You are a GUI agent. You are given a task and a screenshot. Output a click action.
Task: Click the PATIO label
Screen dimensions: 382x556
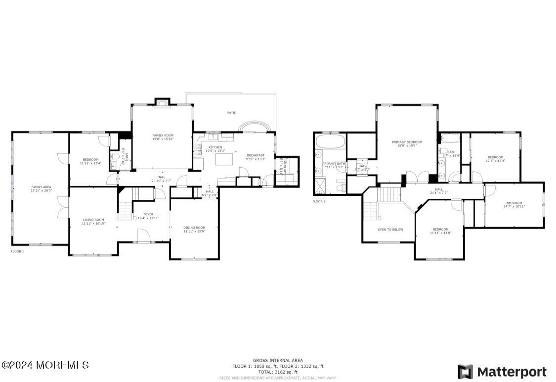(231, 113)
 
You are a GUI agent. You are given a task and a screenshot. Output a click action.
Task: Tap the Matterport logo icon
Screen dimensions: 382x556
(465, 372)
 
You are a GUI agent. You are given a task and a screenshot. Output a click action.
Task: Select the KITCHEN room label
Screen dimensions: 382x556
(215, 147)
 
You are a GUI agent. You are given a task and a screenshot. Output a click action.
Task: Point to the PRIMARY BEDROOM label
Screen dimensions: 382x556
(407, 142)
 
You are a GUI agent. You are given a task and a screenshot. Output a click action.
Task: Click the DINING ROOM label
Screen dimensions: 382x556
(194, 228)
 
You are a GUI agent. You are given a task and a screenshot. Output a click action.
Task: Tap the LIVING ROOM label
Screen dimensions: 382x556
(93, 220)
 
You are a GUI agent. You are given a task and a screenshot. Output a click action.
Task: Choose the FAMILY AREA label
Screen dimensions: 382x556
(41, 187)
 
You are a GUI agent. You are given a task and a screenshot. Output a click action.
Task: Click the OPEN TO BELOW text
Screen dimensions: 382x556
(390, 230)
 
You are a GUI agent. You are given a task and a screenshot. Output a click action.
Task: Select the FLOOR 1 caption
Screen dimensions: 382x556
(17, 251)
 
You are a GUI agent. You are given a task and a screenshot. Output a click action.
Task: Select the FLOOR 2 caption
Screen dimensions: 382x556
(319, 201)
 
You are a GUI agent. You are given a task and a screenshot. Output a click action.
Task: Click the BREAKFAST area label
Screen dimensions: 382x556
(256, 155)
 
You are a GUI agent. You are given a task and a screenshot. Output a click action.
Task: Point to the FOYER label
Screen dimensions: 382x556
(148, 214)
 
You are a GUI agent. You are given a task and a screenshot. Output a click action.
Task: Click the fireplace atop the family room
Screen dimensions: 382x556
(162, 102)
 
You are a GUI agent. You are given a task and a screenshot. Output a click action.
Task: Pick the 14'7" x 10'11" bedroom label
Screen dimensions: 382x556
(514, 203)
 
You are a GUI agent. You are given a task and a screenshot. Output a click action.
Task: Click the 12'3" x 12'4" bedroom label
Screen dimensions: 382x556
(495, 157)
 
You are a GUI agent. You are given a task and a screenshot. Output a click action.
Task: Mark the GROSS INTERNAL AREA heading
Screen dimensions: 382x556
(278, 360)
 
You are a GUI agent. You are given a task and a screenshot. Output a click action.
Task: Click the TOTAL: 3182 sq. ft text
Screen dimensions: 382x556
(278, 372)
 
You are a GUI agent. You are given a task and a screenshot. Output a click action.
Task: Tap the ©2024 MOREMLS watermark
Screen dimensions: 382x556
(45, 365)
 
